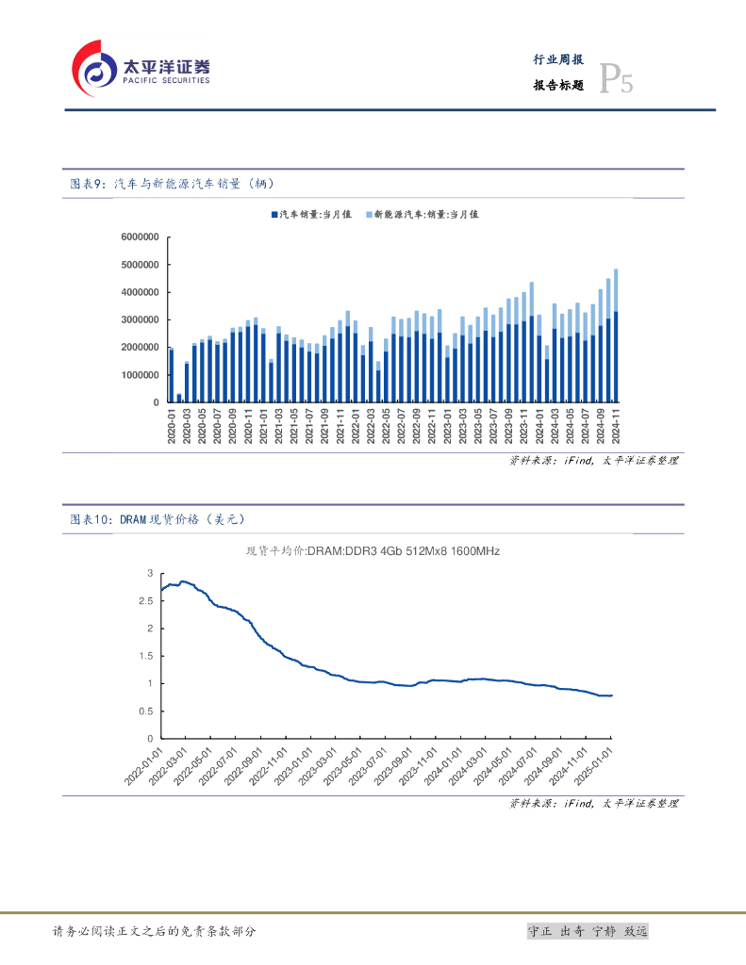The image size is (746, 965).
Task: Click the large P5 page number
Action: point(616,82)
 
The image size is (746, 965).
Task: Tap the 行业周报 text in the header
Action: point(558,59)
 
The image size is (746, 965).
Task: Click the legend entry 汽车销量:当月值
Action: point(310,215)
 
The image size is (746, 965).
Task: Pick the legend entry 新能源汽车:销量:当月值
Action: point(422,215)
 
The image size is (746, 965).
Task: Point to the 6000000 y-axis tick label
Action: point(140,237)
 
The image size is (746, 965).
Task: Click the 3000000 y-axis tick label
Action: point(140,320)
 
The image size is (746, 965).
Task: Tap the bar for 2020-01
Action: point(172,375)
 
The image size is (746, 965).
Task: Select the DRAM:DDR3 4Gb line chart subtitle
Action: point(373,551)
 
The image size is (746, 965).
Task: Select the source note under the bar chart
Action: point(593,461)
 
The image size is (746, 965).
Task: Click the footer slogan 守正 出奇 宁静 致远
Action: point(588,931)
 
